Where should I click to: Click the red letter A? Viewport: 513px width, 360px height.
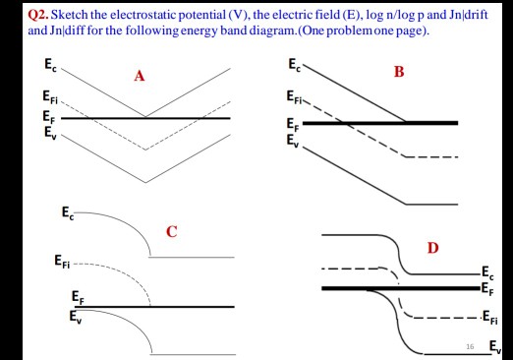coord(140,81)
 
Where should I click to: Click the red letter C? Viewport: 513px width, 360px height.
coord(171,232)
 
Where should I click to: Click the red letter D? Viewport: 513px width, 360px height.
coord(432,246)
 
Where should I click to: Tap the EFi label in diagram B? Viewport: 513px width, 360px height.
coord(296,96)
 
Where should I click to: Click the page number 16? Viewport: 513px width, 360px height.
coord(471,345)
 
